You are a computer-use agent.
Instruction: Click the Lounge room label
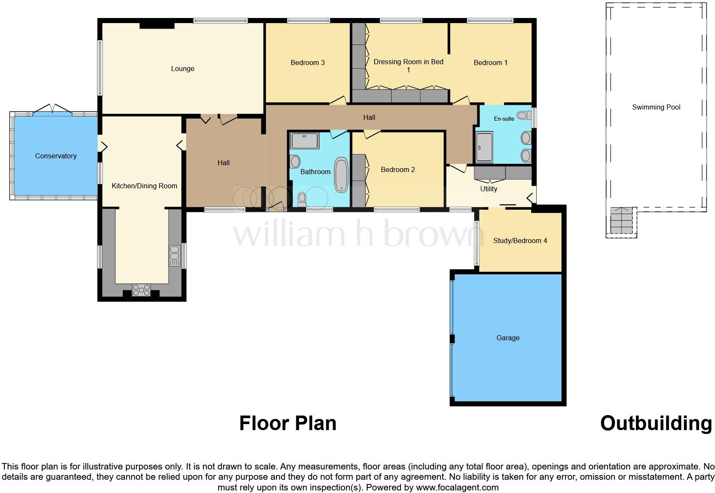point(183,68)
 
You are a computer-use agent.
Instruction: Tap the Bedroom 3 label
point(307,62)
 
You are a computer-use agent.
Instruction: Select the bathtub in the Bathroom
point(341,175)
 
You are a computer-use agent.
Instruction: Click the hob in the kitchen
point(141,290)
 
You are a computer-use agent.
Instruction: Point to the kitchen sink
point(174,255)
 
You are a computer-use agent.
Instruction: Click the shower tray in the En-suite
point(484,148)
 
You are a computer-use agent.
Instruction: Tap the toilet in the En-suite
point(523,115)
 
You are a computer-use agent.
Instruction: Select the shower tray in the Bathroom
point(304,141)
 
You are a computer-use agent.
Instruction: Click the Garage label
point(508,338)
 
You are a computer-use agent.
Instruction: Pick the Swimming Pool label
point(656,107)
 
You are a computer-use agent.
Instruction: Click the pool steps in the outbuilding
point(621,221)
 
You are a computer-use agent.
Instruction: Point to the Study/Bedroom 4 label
point(520,241)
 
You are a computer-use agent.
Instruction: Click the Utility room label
point(488,189)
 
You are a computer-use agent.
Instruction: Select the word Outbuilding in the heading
point(656,423)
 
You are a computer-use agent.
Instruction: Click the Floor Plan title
point(288,423)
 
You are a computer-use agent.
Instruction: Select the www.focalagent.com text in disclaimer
point(457,487)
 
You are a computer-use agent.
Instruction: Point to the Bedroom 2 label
point(398,169)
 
